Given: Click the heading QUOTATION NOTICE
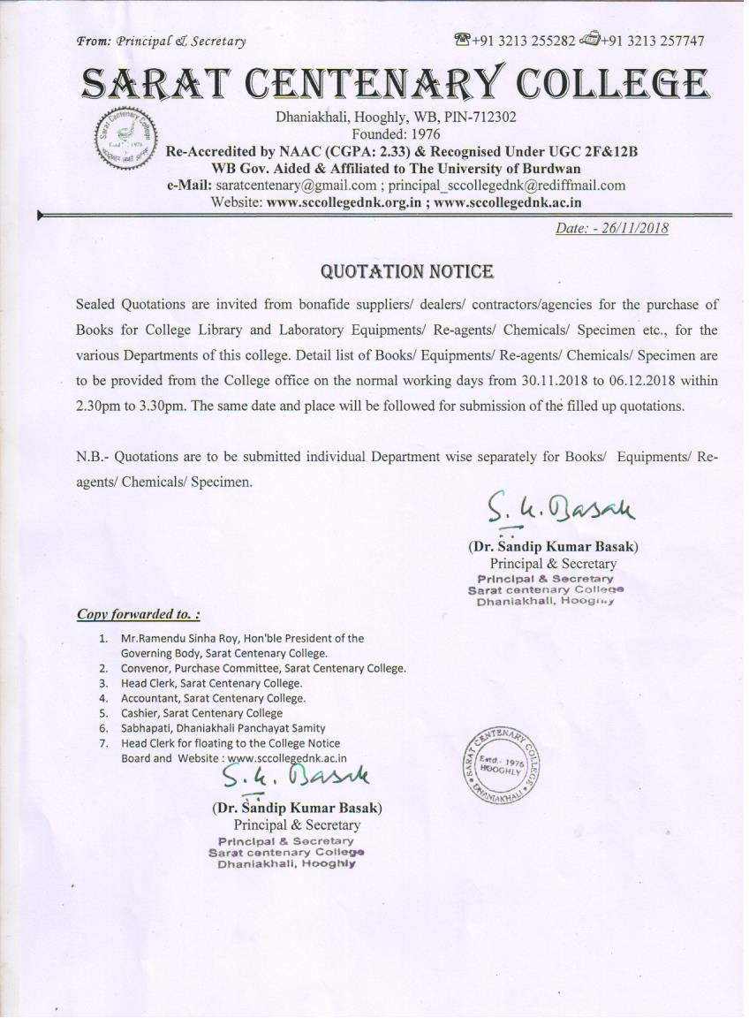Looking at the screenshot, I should point(406,270).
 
